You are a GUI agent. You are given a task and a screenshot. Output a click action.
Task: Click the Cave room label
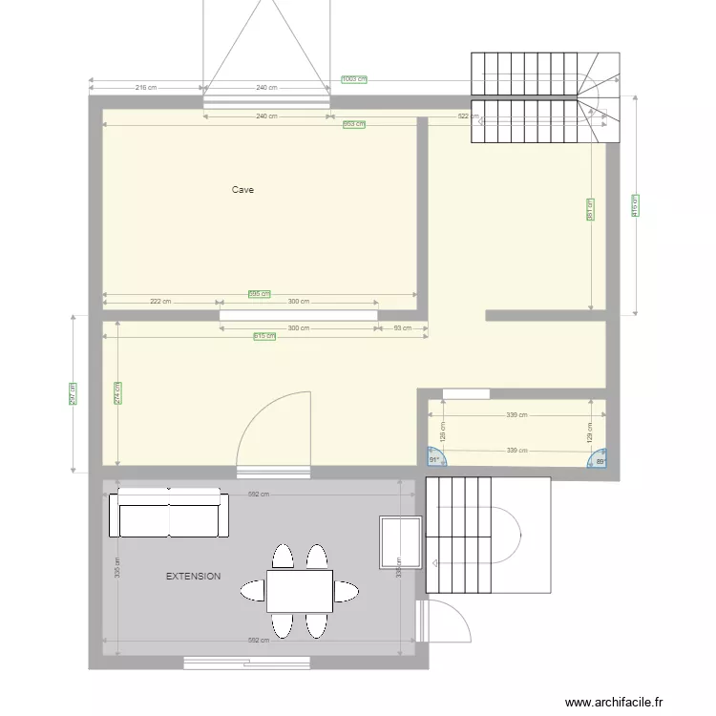pos(242,190)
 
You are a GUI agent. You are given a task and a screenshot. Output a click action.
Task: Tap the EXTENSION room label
pos(194,577)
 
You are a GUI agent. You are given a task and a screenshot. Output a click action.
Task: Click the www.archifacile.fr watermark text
pos(613,702)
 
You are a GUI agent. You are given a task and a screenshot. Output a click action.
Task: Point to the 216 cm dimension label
pos(146,88)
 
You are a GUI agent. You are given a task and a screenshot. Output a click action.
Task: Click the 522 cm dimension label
pos(469,116)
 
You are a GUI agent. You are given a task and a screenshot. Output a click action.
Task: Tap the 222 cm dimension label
pos(160,302)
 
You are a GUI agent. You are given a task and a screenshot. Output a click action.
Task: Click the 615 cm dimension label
pos(264,336)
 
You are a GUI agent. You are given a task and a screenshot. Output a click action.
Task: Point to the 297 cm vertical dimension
pos(73,394)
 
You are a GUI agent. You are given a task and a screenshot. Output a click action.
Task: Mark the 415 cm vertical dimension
pos(636,206)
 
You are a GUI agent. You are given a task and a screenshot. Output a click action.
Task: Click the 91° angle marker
pos(434,460)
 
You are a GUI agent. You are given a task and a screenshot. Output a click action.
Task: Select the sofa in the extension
pos(169,515)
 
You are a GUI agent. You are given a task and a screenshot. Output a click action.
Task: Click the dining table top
pos(299,590)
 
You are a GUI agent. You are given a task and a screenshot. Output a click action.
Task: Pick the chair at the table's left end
pos(253,590)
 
